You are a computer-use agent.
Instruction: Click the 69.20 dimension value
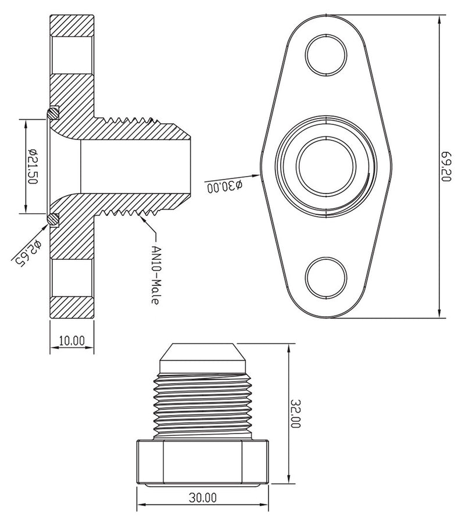[446, 167]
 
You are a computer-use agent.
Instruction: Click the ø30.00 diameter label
[224, 186]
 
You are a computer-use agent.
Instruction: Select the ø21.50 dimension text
[33, 166]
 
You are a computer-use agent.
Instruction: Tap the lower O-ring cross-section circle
[53, 220]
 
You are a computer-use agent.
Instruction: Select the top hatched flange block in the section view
[72, 26]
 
